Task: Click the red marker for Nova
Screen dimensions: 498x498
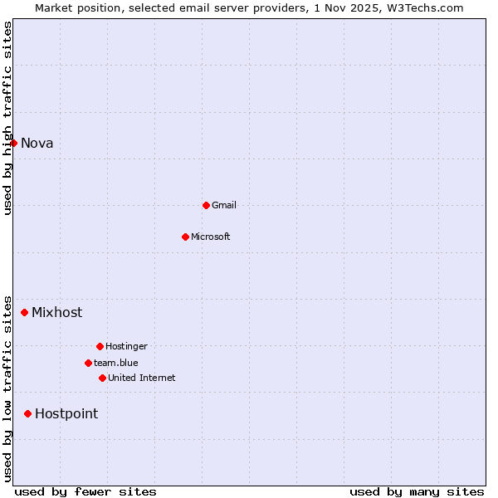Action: tap(14, 143)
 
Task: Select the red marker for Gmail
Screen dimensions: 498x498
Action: tap(206, 205)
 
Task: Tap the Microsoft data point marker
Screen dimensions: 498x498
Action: tap(185, 237)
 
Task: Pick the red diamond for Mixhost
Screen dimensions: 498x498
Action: tap(25, 312)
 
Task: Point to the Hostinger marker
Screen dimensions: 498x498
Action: tap(100, 346)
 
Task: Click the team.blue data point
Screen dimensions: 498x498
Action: tap(88, 363)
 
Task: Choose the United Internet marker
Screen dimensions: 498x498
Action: tap(102, 378)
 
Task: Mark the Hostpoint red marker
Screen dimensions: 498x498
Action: tap(27, 413)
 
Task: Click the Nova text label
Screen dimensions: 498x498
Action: tap(37, 143)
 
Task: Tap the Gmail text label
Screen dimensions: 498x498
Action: tap(224, 205)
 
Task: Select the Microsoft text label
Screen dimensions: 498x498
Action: tap(211, 237)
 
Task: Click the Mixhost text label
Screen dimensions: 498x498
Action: tap(57, 312)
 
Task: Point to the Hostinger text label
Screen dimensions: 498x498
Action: tap(126, 346)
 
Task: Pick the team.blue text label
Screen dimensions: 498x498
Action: tap(116, 363)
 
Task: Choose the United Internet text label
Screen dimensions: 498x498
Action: tap(142, 378)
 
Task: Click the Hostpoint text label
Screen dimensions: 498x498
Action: tap(66, 413)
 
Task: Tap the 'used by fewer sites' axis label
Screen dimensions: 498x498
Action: tap(85, 491)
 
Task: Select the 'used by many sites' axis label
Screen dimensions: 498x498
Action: tap(417, 491)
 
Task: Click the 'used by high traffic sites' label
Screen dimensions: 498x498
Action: tap(7, 118)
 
